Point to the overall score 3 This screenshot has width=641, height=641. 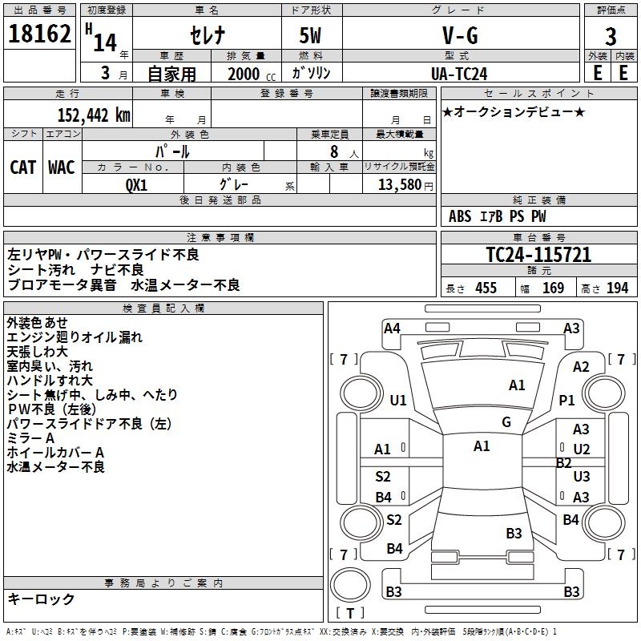click(x=611, y=37)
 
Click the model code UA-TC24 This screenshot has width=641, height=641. click(x=462, y=73)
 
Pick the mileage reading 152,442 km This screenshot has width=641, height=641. click(x=93, y=115)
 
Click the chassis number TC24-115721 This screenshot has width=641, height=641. click(x=538, y=255)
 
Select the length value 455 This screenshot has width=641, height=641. click(x=486, y=288)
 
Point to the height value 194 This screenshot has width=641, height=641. click(x=617, y=288)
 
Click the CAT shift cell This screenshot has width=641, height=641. click(x=23, y=167)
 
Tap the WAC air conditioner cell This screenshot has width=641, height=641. click(x=62, y=167)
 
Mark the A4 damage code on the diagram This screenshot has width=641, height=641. click(x=392, y=328)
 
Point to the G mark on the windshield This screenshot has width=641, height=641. click(x=506, y=422)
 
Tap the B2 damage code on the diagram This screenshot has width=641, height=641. click(x=564, y=462)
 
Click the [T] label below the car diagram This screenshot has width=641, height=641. click(x=350, y=613)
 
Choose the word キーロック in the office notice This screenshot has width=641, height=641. click(x=41, y=599)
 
